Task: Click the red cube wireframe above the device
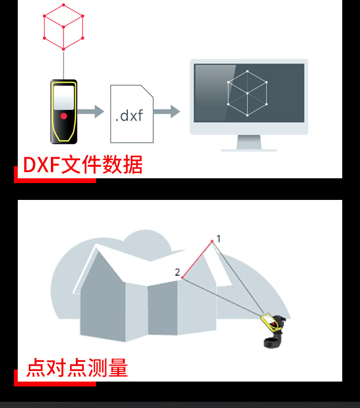pos(63,27)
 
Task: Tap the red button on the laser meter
pos(63,116)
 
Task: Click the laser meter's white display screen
pos(63,98)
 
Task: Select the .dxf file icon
pos(132,114)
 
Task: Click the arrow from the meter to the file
pos(91,112)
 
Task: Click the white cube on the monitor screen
pos(247,93)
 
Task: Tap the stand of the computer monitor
pos(249,143)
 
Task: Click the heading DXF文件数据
pos(83,165)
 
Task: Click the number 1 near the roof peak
pos(218,238)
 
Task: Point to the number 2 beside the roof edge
pos(177,272)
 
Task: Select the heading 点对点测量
pos(77,368)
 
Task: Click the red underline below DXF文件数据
pos(55,180)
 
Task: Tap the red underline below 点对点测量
pos(55,383)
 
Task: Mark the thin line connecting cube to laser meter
pos(63,64)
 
